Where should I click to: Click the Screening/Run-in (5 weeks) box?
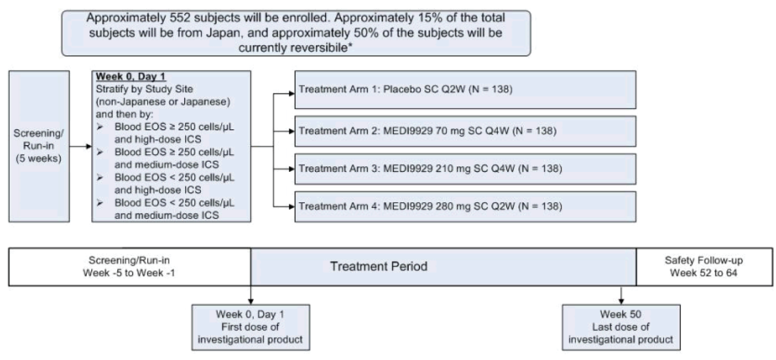pos(39,146)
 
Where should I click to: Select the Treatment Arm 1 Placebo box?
pos(465,90)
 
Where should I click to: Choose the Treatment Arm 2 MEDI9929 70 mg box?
pos(465,131)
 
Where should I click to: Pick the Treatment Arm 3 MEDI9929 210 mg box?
pos(465,168)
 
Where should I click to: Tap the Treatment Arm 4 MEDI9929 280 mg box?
pos(465,206)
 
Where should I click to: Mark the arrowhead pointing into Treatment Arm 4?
pos(291,206)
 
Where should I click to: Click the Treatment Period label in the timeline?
pos(378,266)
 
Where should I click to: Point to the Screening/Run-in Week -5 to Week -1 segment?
pos(130,267)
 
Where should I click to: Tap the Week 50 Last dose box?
pos(621,327)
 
